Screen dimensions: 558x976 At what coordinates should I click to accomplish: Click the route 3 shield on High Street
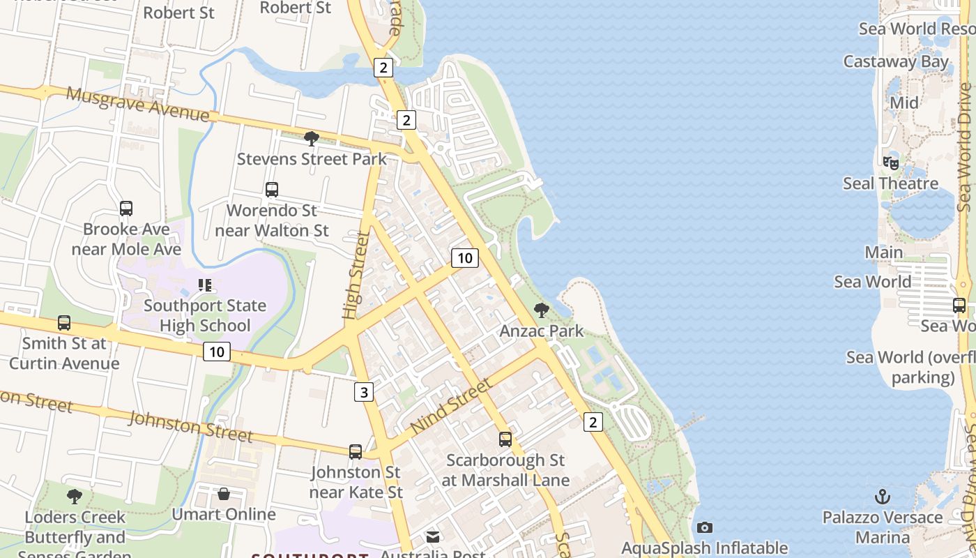(x=363, y=392)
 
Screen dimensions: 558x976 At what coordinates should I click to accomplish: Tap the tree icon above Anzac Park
(x=541, y=310)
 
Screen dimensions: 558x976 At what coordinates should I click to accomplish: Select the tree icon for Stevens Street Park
(x=312, y=138)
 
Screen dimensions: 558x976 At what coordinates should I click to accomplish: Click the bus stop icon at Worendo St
(x=272, y=189)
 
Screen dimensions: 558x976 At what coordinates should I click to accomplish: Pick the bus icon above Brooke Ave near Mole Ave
(x=126, y=208)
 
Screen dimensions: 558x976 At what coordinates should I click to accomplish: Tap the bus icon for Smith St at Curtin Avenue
(x=64, y=322)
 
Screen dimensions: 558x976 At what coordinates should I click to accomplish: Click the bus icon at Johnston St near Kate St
(x=356, y=451)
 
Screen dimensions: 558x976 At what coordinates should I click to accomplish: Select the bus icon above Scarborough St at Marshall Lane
(x=505, y=439)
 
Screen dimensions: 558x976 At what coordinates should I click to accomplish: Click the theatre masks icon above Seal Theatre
(x=891, y=163)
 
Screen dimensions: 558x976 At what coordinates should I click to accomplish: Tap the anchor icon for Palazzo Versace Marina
(x=883, y=497)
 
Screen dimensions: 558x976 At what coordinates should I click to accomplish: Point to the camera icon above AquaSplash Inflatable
(x=705, y=527)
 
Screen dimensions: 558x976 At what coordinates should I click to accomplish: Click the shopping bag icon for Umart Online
(x=224, y=494)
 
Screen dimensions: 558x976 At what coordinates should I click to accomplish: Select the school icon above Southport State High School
(x=204, y=285)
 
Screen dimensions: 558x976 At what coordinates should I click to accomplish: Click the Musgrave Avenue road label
(x=137, y=104)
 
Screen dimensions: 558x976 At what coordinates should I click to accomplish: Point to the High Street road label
(x=355, y=276)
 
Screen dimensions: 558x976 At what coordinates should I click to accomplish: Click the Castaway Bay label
(x=896, y=61)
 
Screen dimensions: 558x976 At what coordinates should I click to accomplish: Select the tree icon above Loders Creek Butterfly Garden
(x=75, y=497)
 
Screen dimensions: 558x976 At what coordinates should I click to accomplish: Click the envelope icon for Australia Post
(x=433, y=536)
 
